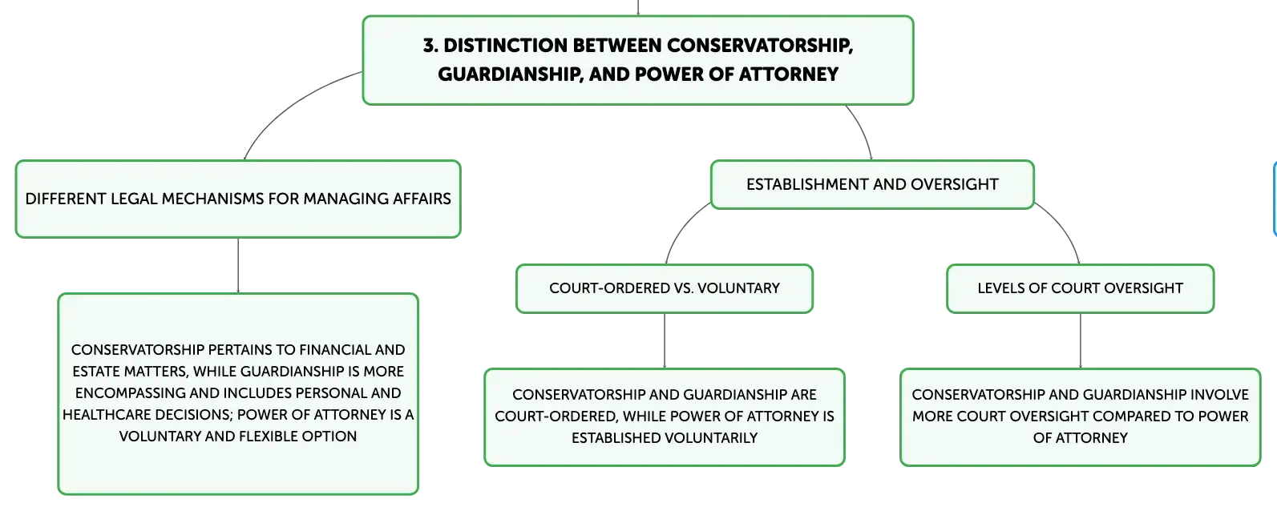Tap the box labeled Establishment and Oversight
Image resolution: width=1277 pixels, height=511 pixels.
pos(872,184)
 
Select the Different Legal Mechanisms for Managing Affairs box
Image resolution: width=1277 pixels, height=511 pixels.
pos(238,199)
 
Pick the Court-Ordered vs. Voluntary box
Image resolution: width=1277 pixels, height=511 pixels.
pos(664,288)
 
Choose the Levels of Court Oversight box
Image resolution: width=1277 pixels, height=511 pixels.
pos(1080,288)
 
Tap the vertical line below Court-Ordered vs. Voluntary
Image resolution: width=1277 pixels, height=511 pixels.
pos(664,340)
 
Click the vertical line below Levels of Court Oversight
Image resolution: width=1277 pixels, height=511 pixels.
pos(1080,340)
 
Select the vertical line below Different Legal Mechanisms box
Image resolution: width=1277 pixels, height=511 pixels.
pos(238,265)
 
